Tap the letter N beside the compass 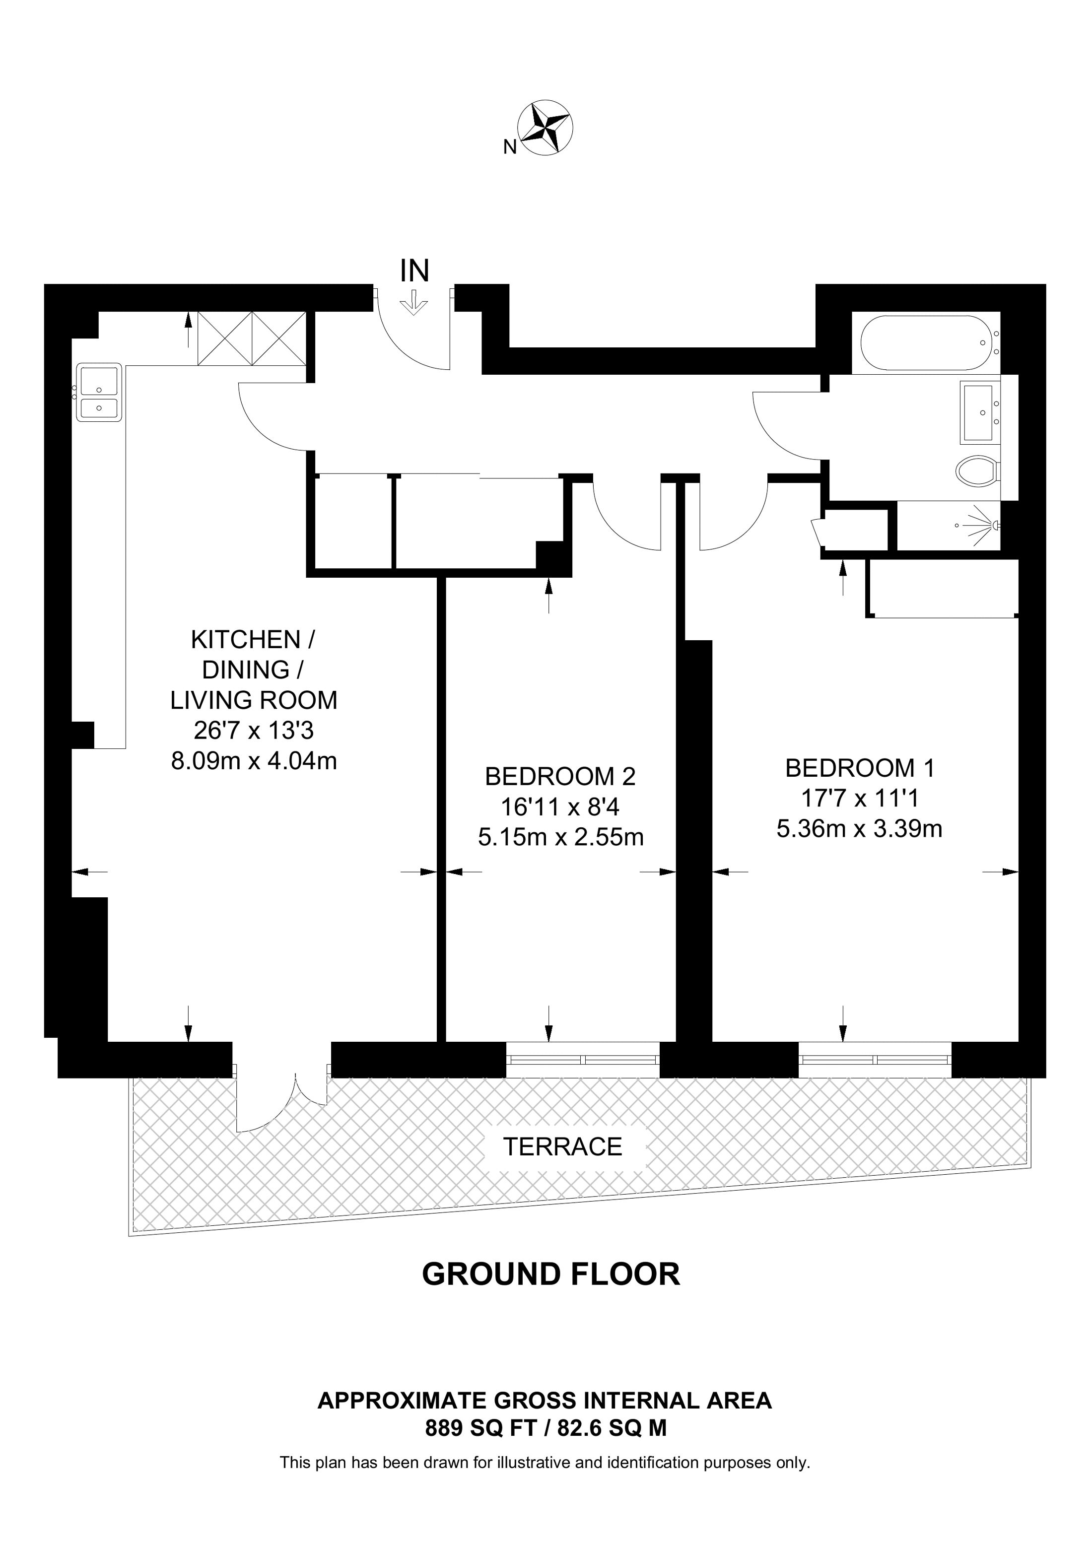(510, 147)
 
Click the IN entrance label (414, 271)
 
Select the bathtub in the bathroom (926, 342)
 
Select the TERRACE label (563, 1146)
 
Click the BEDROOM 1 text (860, 768)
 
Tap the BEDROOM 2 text (560, 777)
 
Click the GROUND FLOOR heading (551, 1274)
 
